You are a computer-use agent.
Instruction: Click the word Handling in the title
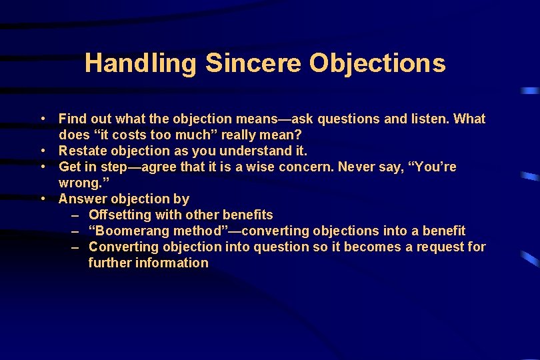pos(141,63)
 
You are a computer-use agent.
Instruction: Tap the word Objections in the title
pos(377,63)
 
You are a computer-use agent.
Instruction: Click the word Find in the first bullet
pos(72,119)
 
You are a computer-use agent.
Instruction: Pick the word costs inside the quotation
pos(132,135)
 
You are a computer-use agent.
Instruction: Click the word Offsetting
pos(120,215)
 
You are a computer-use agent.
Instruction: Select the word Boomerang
pos(133,231)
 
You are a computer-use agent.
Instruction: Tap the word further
pos(109,263)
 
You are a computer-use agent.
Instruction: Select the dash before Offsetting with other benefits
pos(76,215)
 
